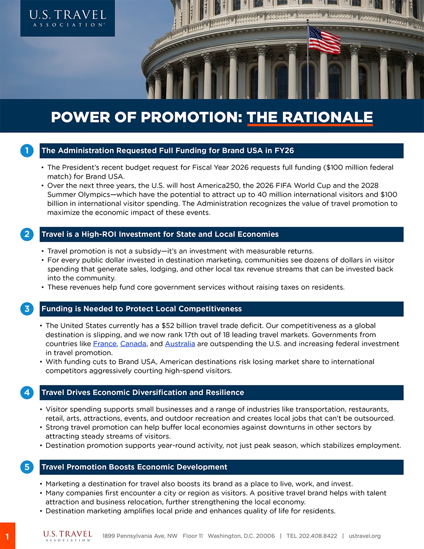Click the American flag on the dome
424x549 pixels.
click(324, 40)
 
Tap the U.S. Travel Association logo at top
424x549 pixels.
click(67, 18)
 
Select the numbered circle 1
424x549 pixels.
click(27, 151)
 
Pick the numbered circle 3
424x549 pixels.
click(27, 309)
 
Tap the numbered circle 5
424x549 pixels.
click(27, 467)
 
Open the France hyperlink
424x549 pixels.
click(104, 344)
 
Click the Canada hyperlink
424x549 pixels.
click(133, 344)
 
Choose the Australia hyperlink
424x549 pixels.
click(180, 344)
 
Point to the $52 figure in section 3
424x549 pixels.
click(168, 325)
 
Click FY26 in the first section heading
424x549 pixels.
click(284, 151)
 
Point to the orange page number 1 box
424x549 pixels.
click(7, 536)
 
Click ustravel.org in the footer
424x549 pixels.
click(364, 536)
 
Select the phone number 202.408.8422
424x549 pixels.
click(318, 536)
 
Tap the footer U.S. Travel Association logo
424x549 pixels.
click(68, 535)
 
